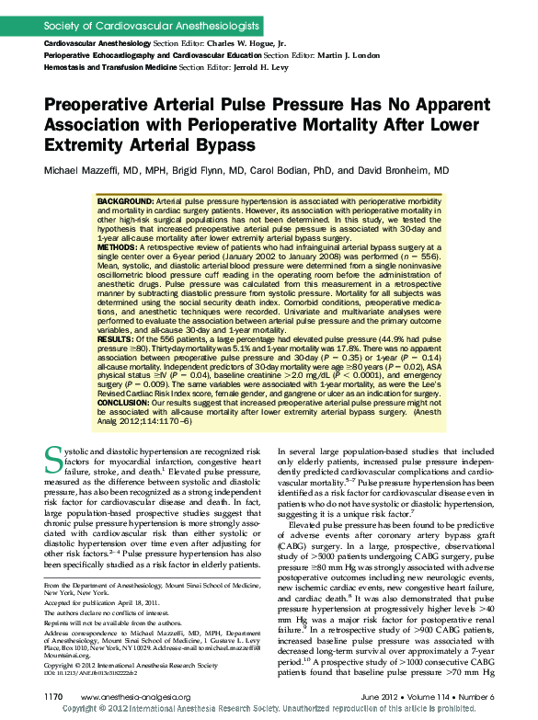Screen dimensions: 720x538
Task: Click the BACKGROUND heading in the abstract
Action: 125,200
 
